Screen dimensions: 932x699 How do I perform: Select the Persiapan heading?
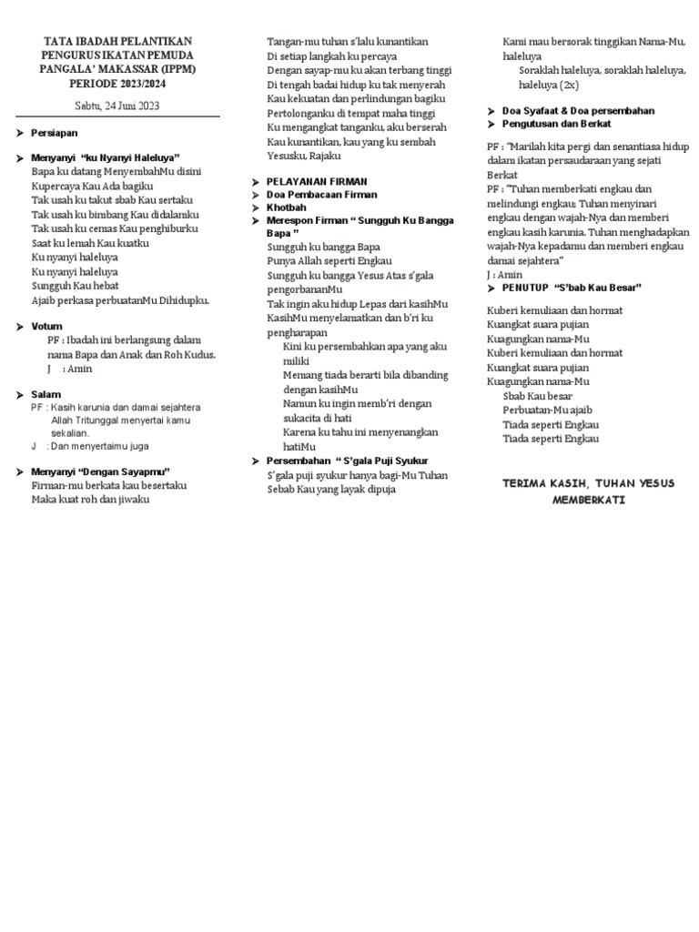(54, 133)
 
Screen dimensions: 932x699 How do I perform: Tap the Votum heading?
(46, 326)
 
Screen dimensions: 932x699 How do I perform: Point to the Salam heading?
(46, 394)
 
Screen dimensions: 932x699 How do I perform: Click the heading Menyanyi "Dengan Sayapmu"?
(102, 471)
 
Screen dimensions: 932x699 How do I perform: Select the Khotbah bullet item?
(287, 208)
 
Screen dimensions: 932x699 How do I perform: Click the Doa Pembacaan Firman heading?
(321, 195)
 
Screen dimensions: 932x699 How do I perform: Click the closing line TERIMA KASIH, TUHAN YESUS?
(588, 483)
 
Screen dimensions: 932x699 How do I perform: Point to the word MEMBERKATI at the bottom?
(588, 500)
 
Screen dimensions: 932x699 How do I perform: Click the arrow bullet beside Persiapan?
(21, 133)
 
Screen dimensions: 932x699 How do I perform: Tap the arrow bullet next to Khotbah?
(257, 208)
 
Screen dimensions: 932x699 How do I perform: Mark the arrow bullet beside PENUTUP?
(492, 288)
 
